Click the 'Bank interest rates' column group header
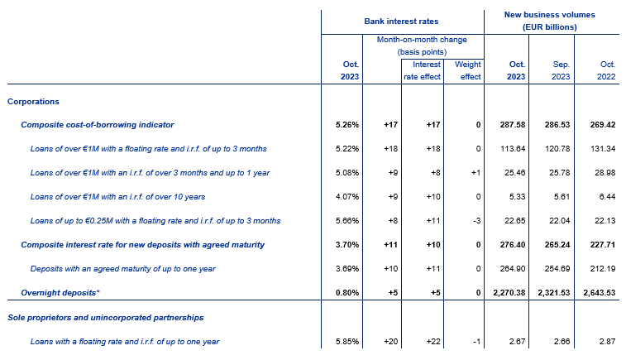pyautogui.click(x=401, y=22)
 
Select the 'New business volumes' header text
pyautogui.click(x=549, y=15)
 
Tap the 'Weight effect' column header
pyautogui.click(x=467, y=70)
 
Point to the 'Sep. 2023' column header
pyautogui.click(x=561, y=70)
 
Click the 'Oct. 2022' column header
pyautogui.click(x=606, y=70)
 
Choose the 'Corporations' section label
pyautogui.click(x=33, y=102)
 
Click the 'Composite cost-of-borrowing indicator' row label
pyautogui.click(x=98, y=125)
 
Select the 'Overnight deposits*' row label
pyautogui.click(x=60, y=292)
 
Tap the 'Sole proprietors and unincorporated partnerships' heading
pyautogui.click(x=105, y=318)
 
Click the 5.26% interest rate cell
pyautogui.click(x=347, y=125)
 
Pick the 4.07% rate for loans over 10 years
pyautogui.click(x=347, y=197)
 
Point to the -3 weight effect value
pyautogui.click(x=476, y=221)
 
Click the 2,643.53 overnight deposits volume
pyautogui.click(x=600, y=292)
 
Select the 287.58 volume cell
pyautogui.click(x=513, y=125)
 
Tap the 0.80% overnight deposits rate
pyautogui.click(x=347, y=292)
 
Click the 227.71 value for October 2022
pyautogui.click(x=603, y=244)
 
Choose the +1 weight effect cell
pyautogui.click(x=475, y=173)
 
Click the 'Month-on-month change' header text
pyautogui.click(x=422, y=40)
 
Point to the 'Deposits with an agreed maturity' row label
pyautogui.click(x=122, y=268)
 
